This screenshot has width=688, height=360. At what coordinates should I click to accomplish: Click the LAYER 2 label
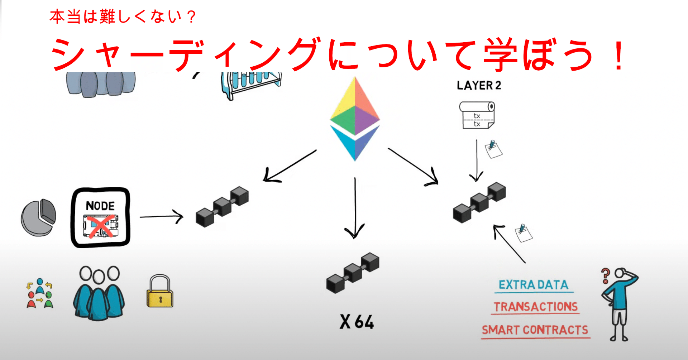(479, 86)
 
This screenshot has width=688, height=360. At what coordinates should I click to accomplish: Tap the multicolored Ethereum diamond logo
(355, 118)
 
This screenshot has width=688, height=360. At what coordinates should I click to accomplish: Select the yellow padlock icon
(160, 292)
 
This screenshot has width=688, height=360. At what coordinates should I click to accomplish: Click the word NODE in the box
(100, 206)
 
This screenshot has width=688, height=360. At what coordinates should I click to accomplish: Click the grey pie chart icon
(38, 217)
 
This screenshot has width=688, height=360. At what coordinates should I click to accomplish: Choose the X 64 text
(357, 322)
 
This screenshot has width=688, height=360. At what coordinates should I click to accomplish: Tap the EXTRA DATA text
(534, 285)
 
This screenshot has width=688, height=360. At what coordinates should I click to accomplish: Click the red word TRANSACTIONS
(536, 307)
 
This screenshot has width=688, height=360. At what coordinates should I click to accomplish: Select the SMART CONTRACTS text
(535, 330)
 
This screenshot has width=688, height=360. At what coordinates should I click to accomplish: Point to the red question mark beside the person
(606, 275)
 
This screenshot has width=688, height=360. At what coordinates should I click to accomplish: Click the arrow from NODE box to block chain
(161, 217)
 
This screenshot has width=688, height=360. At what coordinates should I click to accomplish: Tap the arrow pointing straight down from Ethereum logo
(355, 208)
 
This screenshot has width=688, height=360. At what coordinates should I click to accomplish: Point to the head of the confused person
(620, 273)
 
